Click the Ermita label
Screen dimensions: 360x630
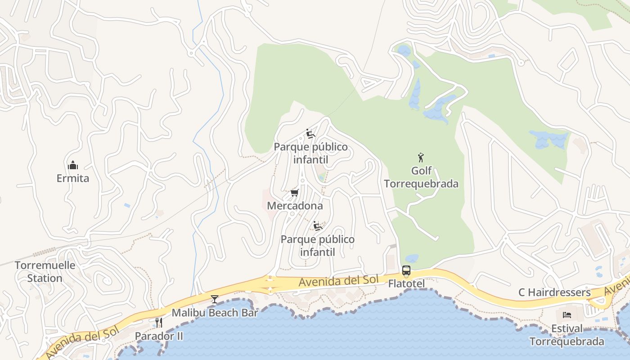73,178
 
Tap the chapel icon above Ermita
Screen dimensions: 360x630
73,166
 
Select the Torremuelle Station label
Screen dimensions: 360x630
45,271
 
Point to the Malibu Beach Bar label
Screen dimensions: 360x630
215,313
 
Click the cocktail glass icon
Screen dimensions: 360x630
215,299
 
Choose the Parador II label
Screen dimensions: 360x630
159,336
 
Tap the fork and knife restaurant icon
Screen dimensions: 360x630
158,322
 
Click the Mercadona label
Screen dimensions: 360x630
295,206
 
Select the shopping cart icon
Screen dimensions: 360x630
295,193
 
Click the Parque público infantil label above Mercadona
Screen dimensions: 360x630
311,153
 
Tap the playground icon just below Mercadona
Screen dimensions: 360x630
318,226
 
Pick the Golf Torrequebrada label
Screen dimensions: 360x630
421,177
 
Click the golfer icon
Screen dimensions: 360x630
421,157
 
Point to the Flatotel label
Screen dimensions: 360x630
406,284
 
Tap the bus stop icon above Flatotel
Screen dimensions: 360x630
406,271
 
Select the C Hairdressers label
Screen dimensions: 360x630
554,292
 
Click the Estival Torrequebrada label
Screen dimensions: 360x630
567,335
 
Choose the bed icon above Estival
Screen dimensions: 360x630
567,315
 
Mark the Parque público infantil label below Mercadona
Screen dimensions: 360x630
318,245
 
